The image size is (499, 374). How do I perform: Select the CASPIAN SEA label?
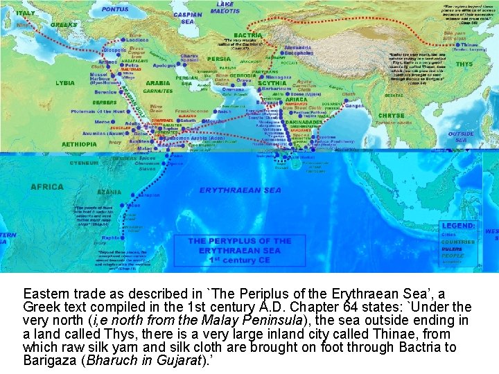188,17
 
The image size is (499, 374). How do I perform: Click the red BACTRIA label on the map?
248,35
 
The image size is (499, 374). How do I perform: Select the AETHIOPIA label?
78,144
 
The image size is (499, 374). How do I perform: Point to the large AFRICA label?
46,186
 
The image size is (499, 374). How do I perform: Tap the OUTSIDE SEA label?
461,136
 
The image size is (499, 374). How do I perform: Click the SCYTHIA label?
272,83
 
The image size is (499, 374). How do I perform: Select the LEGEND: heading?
458,226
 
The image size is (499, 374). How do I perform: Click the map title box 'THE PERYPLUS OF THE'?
240,241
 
